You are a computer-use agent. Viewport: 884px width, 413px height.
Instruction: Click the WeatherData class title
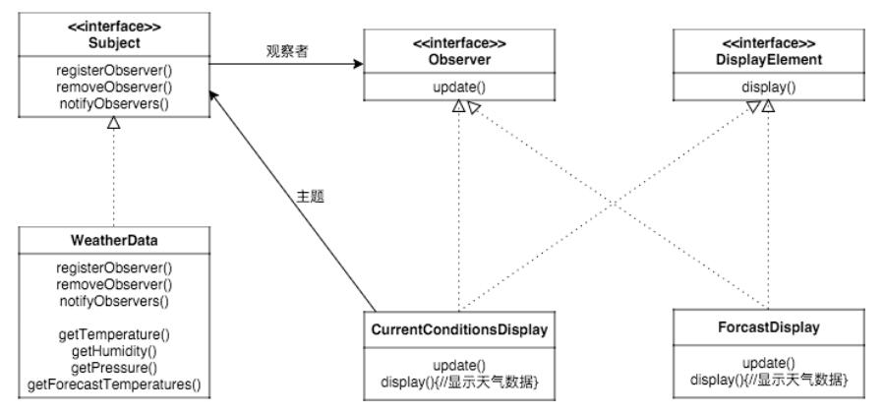(114, 241)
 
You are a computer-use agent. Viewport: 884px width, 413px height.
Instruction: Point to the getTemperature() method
(114, 335)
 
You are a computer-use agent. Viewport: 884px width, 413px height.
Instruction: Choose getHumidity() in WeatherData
(114, 351)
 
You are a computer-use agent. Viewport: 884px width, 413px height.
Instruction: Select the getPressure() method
(114, 367)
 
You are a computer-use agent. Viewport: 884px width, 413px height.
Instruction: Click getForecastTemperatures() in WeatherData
(114, 383)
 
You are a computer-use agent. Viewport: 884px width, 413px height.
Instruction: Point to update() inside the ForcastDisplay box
(769, 362)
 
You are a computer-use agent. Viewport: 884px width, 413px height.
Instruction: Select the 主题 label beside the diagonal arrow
(310, 196)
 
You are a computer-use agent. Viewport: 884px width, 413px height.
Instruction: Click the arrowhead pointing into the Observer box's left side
(356, 66)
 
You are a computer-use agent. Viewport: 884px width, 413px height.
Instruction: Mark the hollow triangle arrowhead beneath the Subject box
(114, 123)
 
